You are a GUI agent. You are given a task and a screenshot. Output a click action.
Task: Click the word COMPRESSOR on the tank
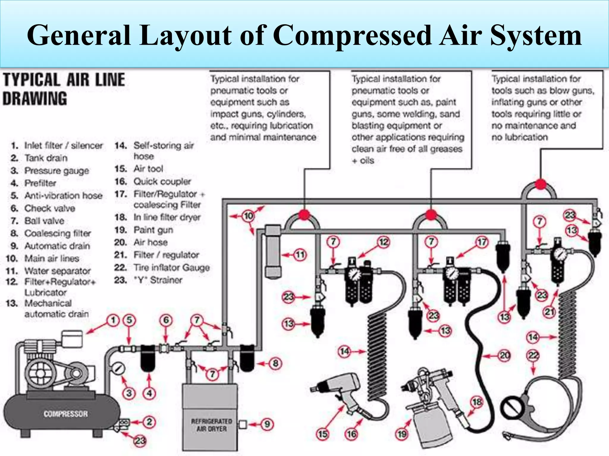tap(65, 414)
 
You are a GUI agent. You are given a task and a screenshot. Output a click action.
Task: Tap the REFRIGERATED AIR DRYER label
tap(211, 425)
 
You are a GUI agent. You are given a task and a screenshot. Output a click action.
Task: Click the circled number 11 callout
tap(300, 255)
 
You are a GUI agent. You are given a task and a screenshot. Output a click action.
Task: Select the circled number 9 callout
tap(267, 424)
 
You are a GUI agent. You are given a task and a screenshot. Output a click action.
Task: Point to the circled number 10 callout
tap(249, 216)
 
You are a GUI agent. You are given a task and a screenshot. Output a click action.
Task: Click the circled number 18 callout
tap(477, 402)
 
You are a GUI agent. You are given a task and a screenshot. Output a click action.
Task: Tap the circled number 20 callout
tap(505, 355)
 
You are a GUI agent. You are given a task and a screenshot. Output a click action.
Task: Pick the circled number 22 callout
tap(533, 355)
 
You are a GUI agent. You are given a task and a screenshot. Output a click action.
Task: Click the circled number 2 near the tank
tap(149, 422)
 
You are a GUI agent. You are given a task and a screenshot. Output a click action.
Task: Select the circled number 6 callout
tap(166, 320)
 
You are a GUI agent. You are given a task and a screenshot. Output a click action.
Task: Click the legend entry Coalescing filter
tap(57, 233)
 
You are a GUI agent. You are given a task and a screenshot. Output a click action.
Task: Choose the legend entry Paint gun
tap(153, 230)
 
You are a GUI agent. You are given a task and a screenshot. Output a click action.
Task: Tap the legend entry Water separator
tap(57, 271)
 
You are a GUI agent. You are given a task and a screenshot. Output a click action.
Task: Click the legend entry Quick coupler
tap(162, 181)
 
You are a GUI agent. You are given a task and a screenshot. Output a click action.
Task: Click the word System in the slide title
tap(536, 35)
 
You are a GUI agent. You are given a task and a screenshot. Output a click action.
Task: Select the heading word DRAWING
tap(35, 99)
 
